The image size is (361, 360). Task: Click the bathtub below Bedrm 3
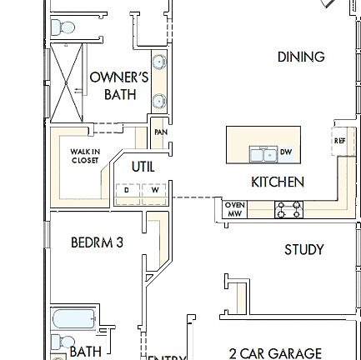point(73,317)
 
